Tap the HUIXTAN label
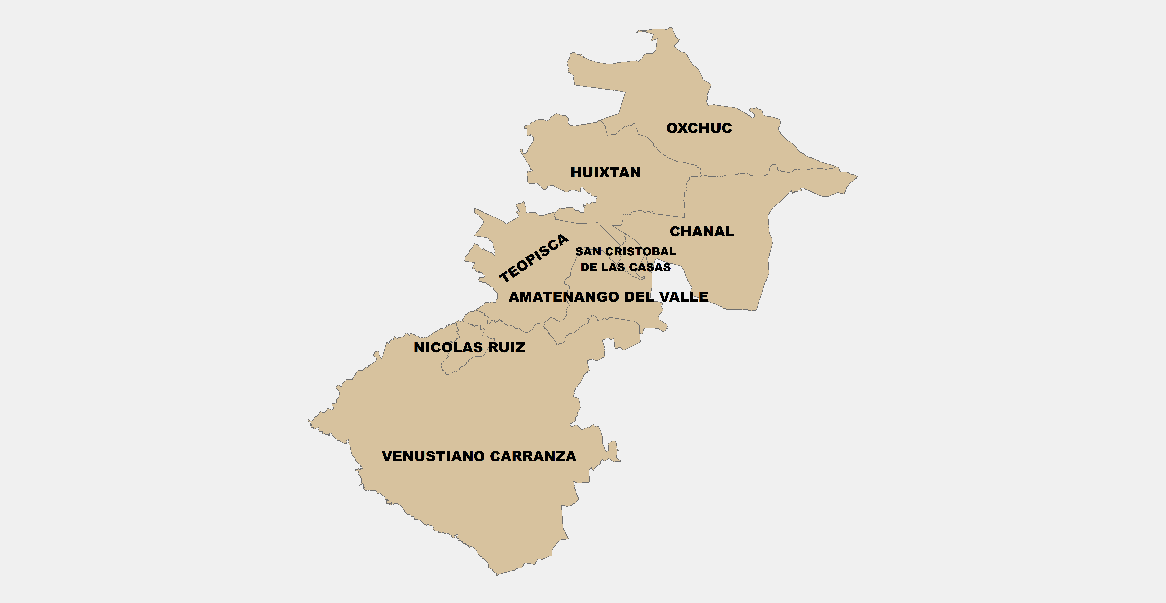pyautogui.click(x=606, y=172)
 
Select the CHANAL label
pyautogui.click(x=702, y=232)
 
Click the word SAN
pyautogui.click(x=588, y=252)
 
